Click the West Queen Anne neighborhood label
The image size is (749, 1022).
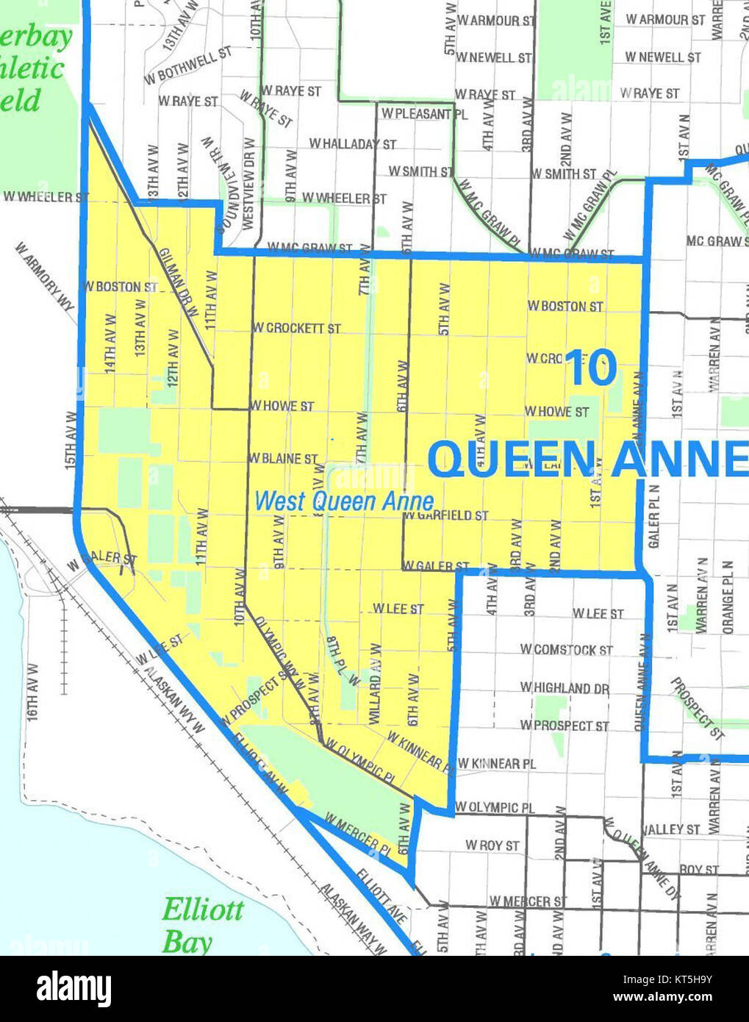coord(343,501)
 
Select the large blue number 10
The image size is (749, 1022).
coord(592,368)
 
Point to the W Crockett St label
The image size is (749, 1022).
coord(296,328)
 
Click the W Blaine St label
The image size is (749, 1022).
coord(283,459)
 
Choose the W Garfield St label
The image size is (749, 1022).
coord(445,515)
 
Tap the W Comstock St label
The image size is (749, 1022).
coord(566,650)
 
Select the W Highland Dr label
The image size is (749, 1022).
coord(565,688)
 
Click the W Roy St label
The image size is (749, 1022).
coord(492,846)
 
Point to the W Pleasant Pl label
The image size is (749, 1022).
coord(424,114)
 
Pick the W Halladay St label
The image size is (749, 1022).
coord(353,144)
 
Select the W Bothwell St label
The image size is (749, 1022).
coord(187,65)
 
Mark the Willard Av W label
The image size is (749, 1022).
coord(375,685)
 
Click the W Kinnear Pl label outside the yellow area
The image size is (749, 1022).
coord(496,764)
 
